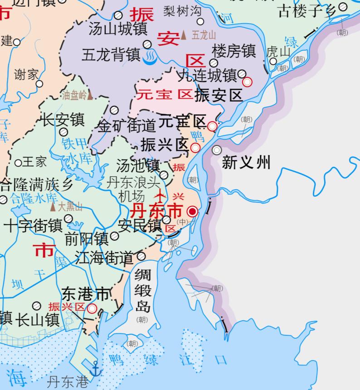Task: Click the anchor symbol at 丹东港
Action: [x=95, y=369]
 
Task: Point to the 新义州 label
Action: [x=246, y=162]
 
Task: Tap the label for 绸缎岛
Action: [x=142, y=289]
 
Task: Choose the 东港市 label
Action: [x=86, y=294]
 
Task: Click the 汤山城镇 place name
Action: [x=118, y=29]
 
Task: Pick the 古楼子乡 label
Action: [x=307, y=10]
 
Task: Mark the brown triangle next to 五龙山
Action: [x=184, y=35]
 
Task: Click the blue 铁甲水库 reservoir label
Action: [x=73, y=151]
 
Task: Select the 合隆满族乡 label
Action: [x=36, y=184]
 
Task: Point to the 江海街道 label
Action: [x=104, y=258]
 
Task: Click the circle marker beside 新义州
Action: [x=217, y=150]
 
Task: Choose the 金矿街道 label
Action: [x=127, y=126]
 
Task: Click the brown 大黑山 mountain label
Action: [x=70, y=207]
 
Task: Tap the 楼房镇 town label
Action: [x=234, y=51]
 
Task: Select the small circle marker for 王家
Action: [x=19, y=163]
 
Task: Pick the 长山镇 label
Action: [x=38, y=319]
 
